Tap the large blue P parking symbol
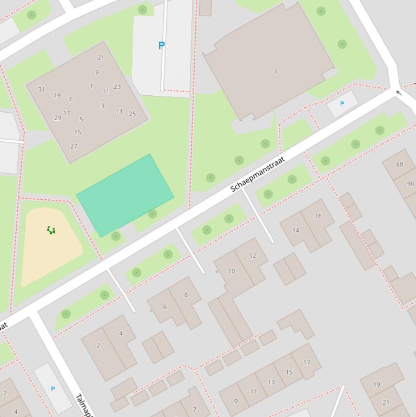point(161,46)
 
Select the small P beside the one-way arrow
point(341,103)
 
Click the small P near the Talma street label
point(52,389)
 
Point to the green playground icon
point(51,230)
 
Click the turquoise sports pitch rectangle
point(125,195)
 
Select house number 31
point(42,89)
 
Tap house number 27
point(74,146)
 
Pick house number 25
point(132,114)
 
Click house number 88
point(399,164)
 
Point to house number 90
point(411,184)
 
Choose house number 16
point(318,216)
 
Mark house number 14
point(296,230)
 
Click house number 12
point(253,256)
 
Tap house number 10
point(232,271)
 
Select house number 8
point(186,295)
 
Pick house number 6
point(165,307)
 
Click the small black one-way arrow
point(399,93)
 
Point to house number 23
point(117,87)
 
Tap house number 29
point(57,118)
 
